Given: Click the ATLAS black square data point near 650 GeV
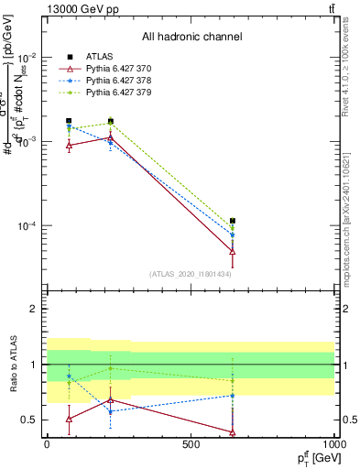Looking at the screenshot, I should (234, 221).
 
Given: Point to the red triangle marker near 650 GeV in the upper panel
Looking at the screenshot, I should (234, 251).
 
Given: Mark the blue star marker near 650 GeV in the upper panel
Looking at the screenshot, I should (234, 234).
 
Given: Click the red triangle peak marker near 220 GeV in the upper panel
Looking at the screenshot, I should (111, 137).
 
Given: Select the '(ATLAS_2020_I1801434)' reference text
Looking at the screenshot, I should (191, 274).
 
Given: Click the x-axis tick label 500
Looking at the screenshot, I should (191, 443).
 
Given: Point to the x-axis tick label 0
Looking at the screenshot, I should (47, 443).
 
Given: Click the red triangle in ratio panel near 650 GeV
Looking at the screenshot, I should (234, 431).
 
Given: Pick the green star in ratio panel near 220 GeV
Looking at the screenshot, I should (111, 368).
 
